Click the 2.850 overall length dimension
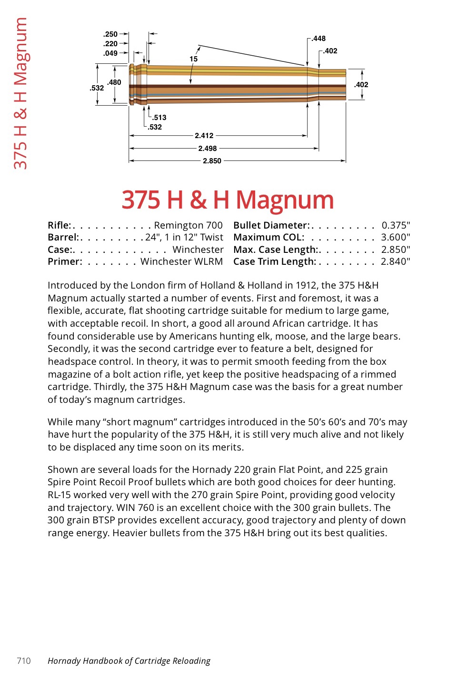point(212,161)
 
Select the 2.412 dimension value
point(204,136)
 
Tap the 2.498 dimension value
point(208,149)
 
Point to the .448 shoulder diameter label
point(318,39)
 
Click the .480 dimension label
point(114,82)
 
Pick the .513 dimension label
point(159,118)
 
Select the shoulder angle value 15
point(193,59)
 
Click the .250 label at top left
point(110,34)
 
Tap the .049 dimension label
point(110,53)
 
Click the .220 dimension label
point(110,44)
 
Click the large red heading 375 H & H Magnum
point(228,200)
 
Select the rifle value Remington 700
point(188,225)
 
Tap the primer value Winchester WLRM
point(181,261)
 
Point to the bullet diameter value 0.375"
point(396,225)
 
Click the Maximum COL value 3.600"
point(396,237)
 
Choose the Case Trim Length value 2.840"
point(395,261)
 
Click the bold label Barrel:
point(63,237)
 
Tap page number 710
point(24,660)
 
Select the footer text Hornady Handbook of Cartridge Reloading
point(129,660)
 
